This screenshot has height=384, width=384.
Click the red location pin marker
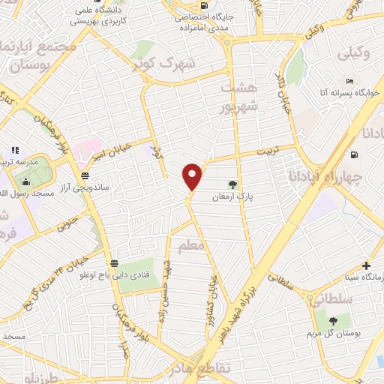(193, 176)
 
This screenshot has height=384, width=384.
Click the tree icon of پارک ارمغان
(233, 184)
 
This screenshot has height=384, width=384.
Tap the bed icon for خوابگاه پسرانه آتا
(349, 81)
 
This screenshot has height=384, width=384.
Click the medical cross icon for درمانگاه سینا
(365, 265)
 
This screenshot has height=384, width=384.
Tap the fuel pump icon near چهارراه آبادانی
(354, 155)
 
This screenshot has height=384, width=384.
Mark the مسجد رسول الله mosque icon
(26, 181)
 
